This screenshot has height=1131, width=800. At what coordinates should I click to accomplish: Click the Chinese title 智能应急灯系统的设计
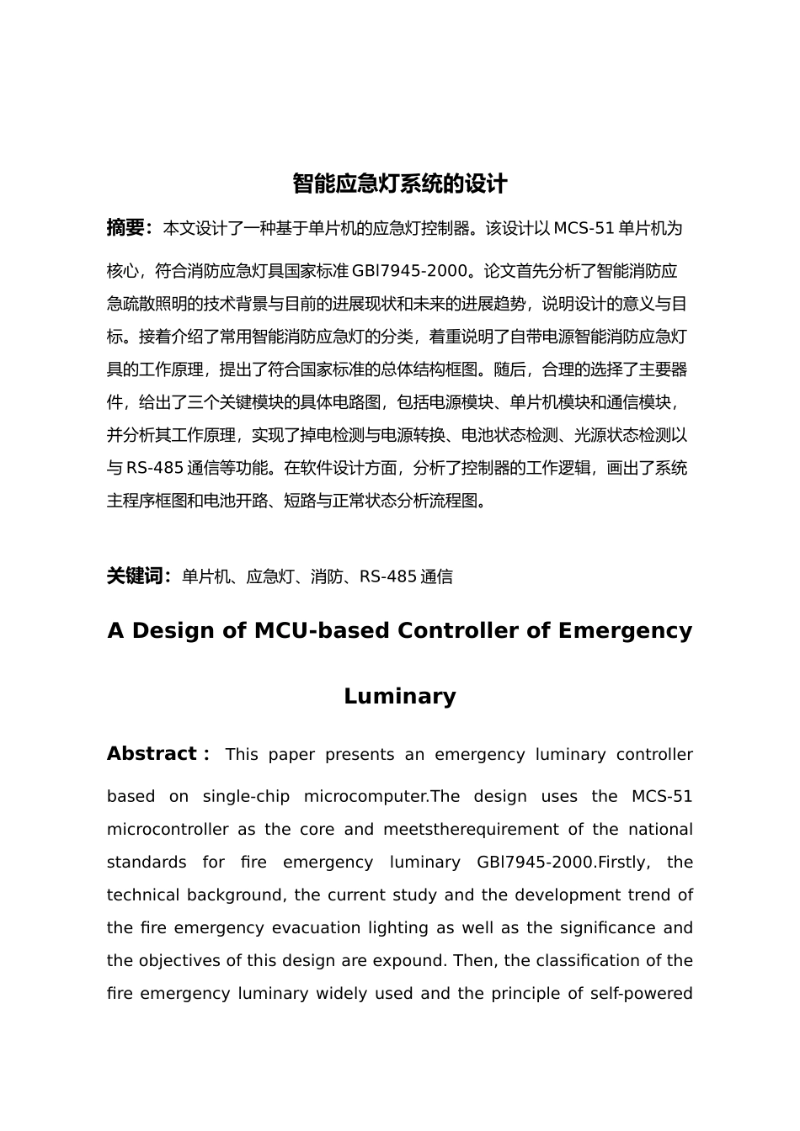point(399,183)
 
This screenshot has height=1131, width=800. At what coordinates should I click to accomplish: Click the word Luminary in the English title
point(399,696)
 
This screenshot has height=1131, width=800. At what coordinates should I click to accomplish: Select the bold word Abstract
point(152,754)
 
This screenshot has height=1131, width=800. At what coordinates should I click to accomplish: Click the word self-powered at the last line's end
point(648,994)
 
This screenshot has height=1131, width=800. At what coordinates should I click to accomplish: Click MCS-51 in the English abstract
point(661,797)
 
